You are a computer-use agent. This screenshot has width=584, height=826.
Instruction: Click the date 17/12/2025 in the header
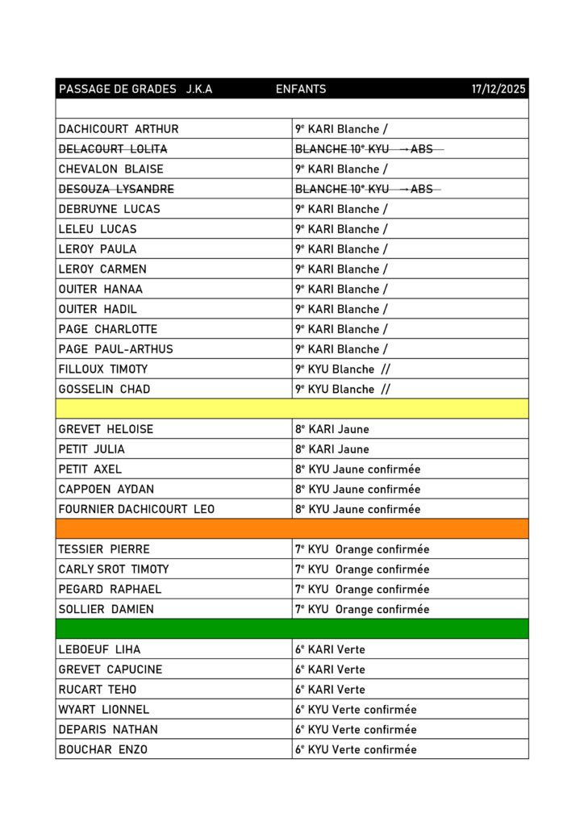498,89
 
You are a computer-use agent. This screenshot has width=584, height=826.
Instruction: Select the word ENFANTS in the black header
301,89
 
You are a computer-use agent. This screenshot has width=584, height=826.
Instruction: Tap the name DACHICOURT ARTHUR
119,129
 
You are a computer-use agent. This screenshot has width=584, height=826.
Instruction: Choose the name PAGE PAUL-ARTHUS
115,349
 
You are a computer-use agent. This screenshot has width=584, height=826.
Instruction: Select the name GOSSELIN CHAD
104,390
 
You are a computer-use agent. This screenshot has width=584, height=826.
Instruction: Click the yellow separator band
292,409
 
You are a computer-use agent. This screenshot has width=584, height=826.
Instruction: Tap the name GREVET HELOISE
106,429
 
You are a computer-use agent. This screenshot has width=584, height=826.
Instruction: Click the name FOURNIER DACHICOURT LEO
136,509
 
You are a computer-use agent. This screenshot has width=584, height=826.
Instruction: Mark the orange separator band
292,529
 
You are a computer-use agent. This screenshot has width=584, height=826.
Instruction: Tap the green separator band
292,629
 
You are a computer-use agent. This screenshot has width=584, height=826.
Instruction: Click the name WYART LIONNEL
103,710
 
